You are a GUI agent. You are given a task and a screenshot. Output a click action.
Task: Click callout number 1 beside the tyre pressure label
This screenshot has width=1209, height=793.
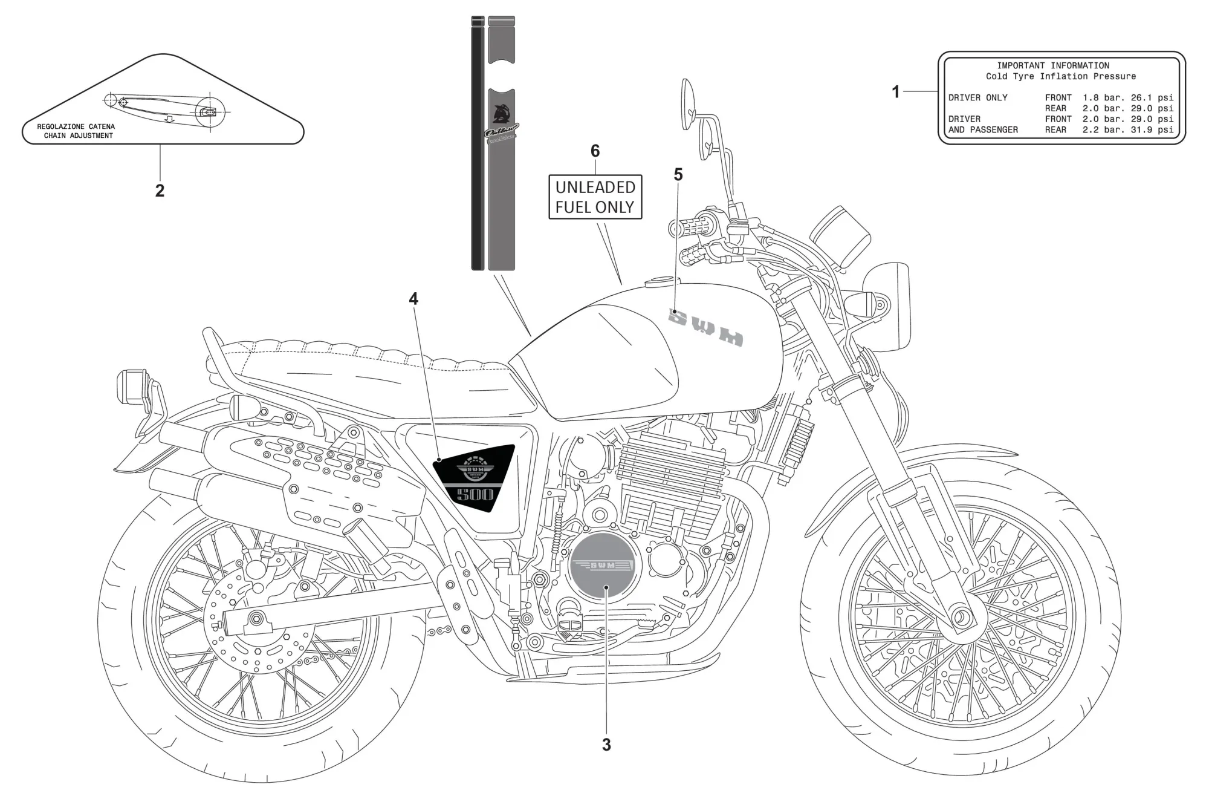896,92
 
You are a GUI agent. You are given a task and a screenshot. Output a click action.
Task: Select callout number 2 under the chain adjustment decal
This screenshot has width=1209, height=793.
160,191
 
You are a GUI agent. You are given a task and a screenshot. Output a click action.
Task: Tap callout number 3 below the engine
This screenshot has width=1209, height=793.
606,745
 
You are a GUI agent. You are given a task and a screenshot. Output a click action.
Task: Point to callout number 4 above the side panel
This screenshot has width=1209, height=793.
413,299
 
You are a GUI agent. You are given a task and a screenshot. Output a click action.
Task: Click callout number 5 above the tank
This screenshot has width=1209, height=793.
678,175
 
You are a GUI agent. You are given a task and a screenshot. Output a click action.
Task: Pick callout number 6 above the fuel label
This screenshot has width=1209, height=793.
595,151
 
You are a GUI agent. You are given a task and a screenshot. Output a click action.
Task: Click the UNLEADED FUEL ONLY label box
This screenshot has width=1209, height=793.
595,197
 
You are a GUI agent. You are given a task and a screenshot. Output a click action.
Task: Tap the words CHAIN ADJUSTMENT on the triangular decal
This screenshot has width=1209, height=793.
79,135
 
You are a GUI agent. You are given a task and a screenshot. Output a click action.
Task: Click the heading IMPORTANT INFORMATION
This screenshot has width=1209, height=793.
1053,65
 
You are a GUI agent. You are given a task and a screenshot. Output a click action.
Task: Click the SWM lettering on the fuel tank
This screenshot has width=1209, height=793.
706,328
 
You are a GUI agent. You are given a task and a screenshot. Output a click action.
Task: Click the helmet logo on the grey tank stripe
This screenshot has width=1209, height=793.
501,114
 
